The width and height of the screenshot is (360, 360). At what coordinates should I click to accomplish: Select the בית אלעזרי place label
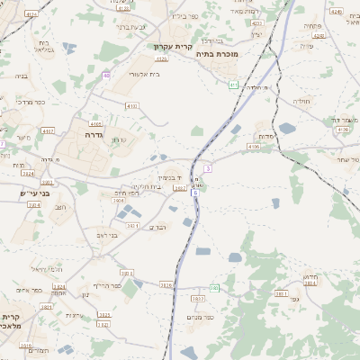144,74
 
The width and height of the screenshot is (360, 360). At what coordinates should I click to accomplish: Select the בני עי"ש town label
35,193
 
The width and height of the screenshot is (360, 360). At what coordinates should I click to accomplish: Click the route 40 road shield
106,76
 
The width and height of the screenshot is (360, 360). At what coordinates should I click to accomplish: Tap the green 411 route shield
233,85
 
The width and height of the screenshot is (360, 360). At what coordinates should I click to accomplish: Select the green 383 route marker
215,288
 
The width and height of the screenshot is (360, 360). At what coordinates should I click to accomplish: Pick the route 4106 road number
254,146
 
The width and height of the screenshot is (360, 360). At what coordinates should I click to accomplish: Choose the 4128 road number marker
342,130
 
